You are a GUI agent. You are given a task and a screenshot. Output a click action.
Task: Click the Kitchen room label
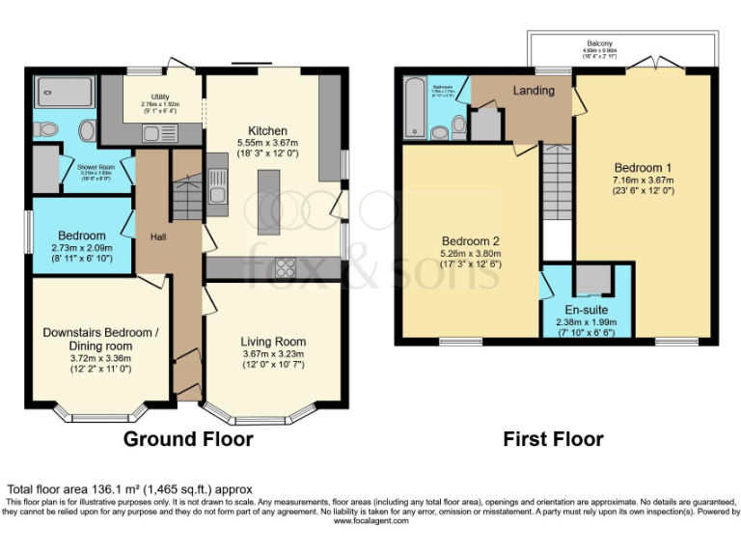click(x=267, y=131)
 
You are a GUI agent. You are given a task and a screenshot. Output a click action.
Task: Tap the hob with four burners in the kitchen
click(x=286, y=267)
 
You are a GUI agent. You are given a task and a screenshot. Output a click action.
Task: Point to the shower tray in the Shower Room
click(x=64, y=94)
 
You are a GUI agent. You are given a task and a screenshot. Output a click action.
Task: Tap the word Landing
click(x=534, y=91)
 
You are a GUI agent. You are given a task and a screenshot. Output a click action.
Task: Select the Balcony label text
click(x=600, y=43)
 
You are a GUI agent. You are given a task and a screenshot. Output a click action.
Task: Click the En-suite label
click(x=585, y=310)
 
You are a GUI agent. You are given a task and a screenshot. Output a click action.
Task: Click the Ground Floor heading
click(x=188, y=439)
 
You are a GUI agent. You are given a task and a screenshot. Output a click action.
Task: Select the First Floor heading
click(x=553, y=439)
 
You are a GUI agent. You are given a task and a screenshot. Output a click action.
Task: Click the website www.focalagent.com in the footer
click(x=370, y=520)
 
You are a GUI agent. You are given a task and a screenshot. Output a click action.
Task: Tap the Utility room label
click(x=154, y=95)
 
